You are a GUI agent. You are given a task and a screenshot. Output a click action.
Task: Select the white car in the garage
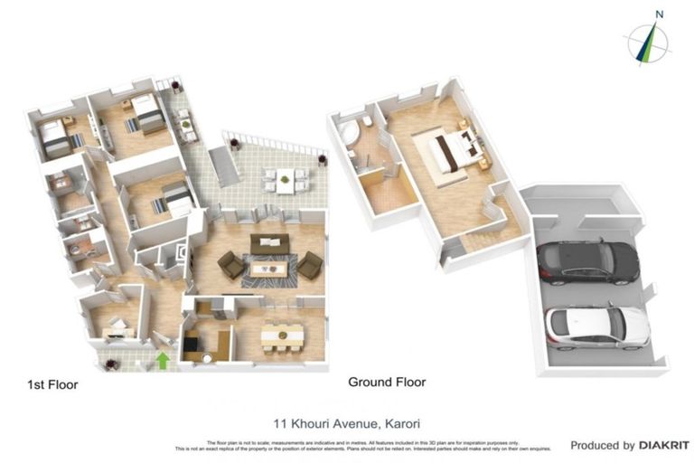[596, 326]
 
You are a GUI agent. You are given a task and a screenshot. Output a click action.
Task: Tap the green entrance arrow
[163, 361]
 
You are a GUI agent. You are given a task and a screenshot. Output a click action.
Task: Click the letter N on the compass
[660, 14]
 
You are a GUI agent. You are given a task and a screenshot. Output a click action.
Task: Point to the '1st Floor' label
[52, 385]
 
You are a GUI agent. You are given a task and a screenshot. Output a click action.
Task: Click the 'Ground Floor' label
[387, 383]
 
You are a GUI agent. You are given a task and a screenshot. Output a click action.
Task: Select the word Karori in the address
[402, 422]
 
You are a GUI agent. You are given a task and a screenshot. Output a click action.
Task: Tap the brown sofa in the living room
[269, 243]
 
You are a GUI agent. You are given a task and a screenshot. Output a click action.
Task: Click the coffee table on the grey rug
[268, 267]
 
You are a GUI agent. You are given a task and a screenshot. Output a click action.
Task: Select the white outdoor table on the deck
[286, 179]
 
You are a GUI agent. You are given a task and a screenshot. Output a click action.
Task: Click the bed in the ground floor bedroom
[448, 151]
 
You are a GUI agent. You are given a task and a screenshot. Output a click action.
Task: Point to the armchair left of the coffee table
[230, 265]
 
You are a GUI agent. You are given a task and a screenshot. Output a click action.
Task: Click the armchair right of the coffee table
[310, 265]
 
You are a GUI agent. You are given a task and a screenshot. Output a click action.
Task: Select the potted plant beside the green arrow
[112, 364]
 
